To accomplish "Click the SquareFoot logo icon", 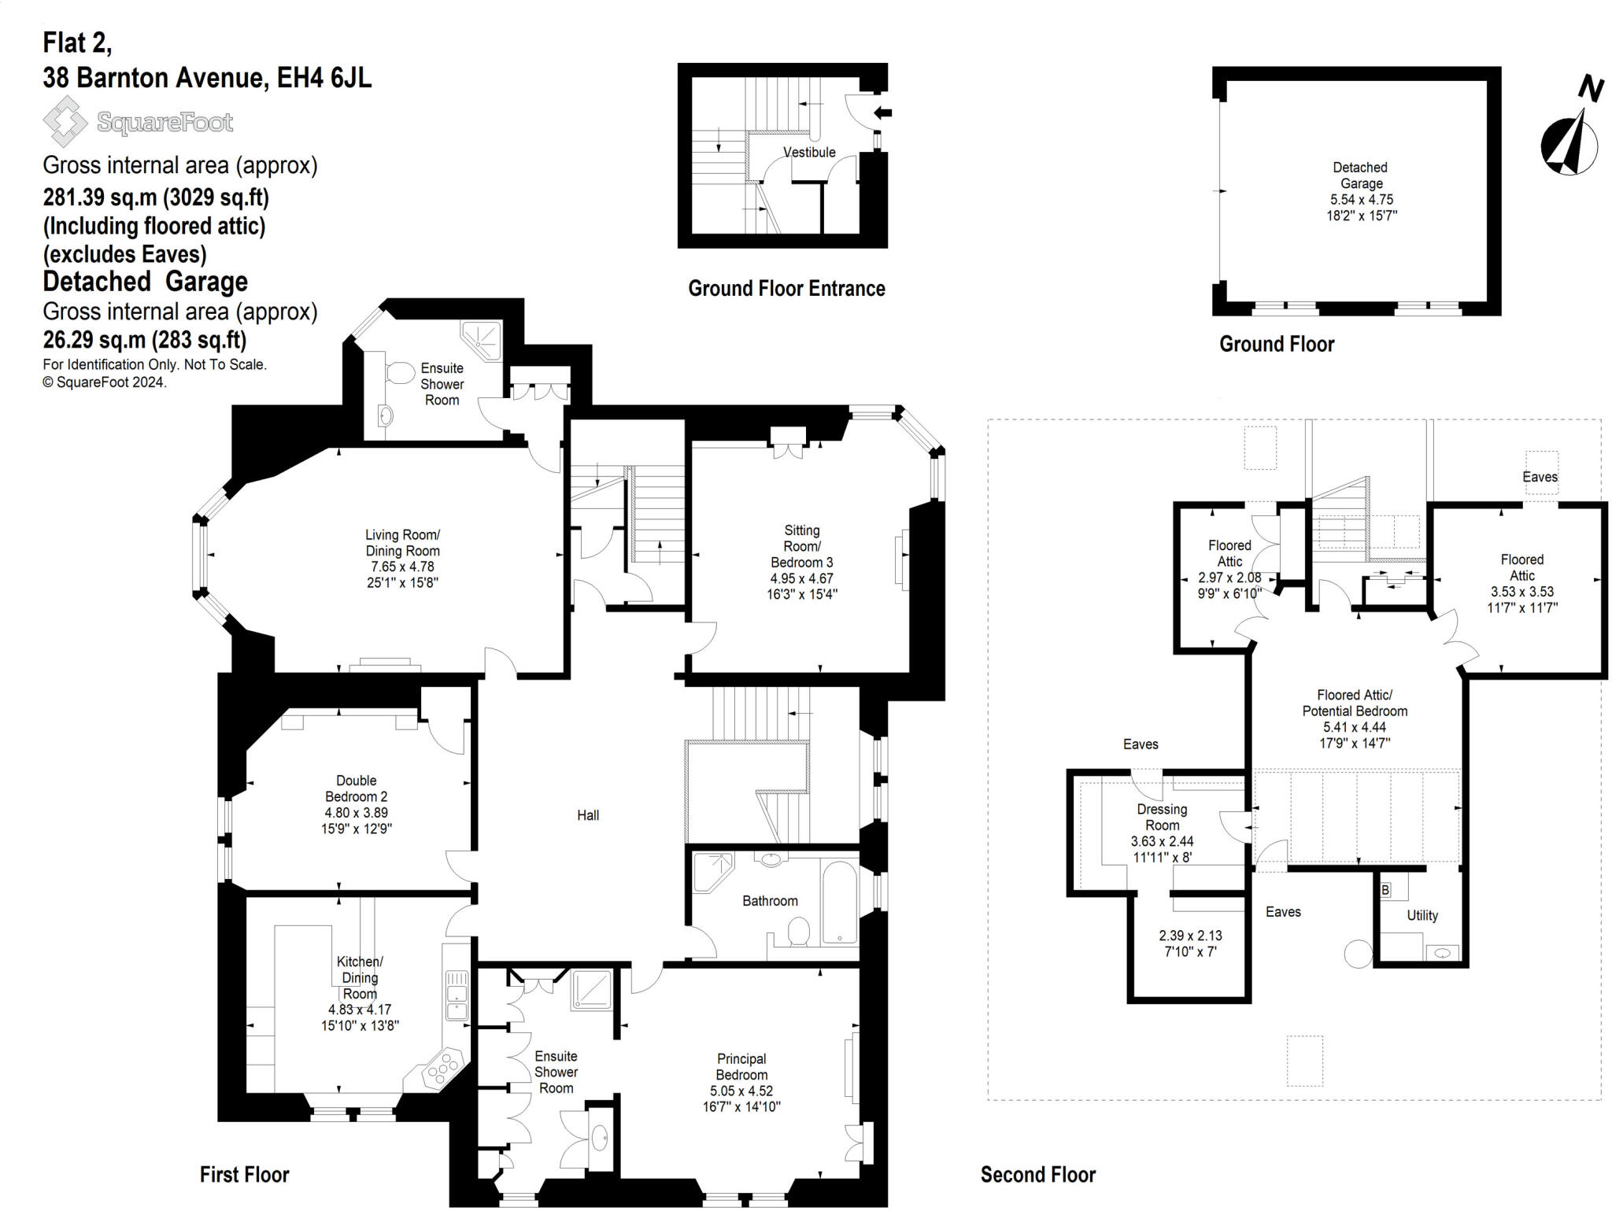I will (65, 121).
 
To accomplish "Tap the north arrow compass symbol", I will (1569, 143).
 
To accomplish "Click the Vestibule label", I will (809, 152).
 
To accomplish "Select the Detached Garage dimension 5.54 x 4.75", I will (1361, 199).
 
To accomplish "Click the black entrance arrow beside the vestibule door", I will (883, 113).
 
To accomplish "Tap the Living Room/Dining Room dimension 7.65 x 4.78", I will (402, 567).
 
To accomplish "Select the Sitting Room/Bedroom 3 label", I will (801, 546).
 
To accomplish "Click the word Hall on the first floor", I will (587, 815).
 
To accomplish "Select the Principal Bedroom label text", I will (741, 1067).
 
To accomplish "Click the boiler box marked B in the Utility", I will (1385, 890).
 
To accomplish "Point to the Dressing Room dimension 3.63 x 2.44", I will (1162, 841).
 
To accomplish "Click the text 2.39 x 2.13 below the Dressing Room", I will (1190, 936).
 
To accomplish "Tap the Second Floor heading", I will (1037, 1175).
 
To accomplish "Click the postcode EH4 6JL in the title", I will (324, 78).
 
